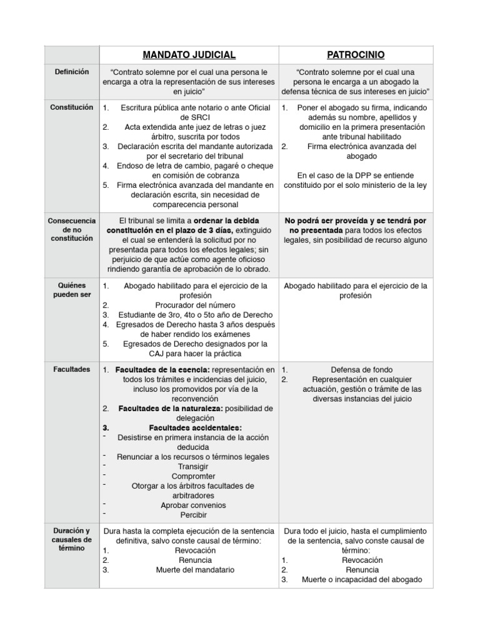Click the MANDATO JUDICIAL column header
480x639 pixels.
pyautogui.click(x=188, y=54)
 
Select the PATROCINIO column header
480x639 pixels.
pyautogui.click(x=355, y=54)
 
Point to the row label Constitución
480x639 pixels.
pyautogui.click(x=72, y=107)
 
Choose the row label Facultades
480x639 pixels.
pyautogui.click(x=72, y=369)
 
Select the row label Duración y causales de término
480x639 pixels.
pyautogui.click(x=72, y=539)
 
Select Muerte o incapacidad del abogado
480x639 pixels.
pyautogui.click(x=362, y=580)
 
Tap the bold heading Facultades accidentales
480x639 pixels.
pyautogui.click(x=195, y=427)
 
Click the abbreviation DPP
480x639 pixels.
pyautogui.click(x=356, y=175)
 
